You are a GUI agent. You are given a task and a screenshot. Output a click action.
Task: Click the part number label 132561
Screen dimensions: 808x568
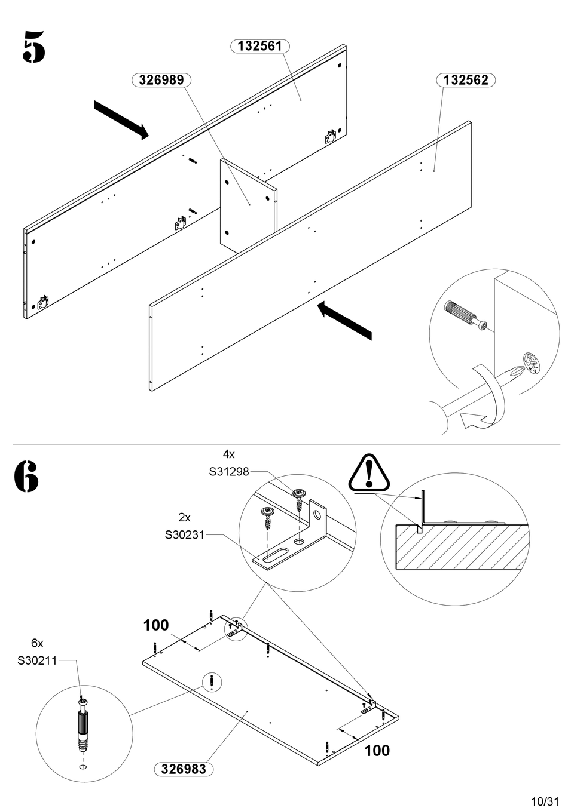[259, 46]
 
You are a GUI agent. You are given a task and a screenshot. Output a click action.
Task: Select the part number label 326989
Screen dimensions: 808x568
[161, 80]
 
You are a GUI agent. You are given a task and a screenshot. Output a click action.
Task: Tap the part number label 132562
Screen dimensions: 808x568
[466, 80]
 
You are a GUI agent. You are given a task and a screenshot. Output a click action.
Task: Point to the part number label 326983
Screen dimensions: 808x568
[184, 769]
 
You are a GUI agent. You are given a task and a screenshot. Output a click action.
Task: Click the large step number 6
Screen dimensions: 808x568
[26, 477]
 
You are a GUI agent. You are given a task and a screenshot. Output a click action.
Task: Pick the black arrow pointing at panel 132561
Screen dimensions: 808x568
[121, 120]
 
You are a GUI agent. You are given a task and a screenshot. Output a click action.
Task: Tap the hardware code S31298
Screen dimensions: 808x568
[228, 472]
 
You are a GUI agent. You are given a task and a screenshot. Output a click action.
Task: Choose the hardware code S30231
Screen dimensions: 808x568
[185, 535]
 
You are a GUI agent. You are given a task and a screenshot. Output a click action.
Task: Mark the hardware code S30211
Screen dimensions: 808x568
[37, 660]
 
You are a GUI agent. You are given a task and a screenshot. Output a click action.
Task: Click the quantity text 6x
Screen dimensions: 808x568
[37, 643]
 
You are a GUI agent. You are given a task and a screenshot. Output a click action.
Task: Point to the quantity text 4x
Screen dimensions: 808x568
[229, 454]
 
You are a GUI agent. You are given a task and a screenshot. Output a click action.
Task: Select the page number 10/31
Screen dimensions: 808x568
[543, 800]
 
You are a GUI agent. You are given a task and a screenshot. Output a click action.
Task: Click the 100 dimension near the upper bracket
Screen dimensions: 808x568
[156, 625]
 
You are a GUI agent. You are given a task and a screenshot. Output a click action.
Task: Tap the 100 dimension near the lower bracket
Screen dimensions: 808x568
[377, 750]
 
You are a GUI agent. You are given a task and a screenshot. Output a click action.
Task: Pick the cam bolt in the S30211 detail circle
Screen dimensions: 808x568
[83, 726]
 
